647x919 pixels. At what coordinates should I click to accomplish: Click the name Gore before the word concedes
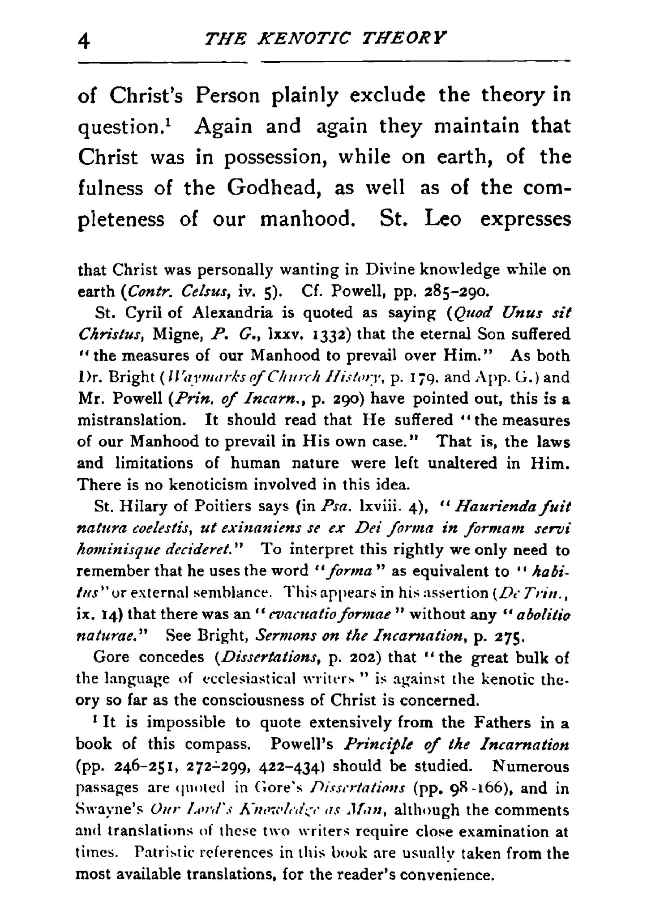(x=111, y=657)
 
